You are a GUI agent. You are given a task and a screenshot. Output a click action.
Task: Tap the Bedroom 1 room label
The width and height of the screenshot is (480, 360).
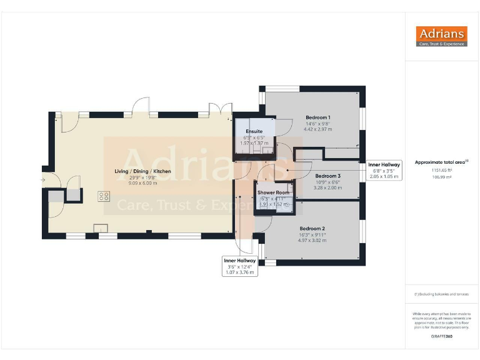pyautogui.click(x=317, y=117)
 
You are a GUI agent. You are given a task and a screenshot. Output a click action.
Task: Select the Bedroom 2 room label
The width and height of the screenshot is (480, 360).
pyautogui.click(x=312, y=228)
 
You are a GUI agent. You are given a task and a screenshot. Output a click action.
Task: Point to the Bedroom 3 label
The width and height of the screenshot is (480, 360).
pyautogui.click(x=327, y=176)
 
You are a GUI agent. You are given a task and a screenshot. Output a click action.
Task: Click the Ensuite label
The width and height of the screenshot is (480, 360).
pyautogui.click(x=254, y=132)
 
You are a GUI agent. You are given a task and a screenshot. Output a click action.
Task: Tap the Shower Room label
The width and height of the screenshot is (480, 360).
pyautogui.click(x=273, y=193)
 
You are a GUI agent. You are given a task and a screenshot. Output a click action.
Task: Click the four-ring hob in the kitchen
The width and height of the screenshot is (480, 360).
pyautogui.click(x=104, y=196)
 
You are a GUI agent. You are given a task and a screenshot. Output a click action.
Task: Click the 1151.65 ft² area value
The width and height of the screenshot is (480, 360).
pyautogui.click(x=441, y=169)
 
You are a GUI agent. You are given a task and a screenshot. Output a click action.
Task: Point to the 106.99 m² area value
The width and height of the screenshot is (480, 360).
pyautogui.click(x=441, y=177)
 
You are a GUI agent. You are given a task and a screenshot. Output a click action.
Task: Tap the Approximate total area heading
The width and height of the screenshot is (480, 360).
pyautogui.click(x=441, y=162)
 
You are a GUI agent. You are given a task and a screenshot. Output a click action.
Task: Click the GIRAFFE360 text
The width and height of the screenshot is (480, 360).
pyautogui.click(x=441, y=336)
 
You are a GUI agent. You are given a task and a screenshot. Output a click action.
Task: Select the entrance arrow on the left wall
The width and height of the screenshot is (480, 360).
pyautogui.click(x=43, y=180)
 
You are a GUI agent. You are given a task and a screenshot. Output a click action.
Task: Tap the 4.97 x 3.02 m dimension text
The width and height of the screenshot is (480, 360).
pyautogui.click(x=312, y=240)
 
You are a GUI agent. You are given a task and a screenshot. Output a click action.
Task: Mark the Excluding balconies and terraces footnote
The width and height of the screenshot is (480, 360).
pyautogui.click(x=441, y=294)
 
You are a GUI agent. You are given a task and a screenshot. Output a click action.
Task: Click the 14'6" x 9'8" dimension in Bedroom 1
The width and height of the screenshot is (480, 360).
pyautogui.click(x=317, y=124)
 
